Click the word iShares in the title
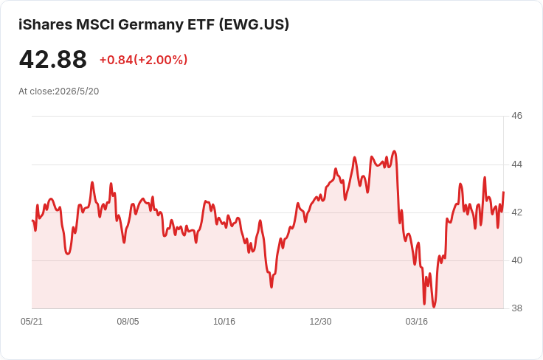[46, 24]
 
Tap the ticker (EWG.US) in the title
[254, 24]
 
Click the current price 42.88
[53, 59]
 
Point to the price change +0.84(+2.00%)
[143, 60]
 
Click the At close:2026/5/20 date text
[59, 91]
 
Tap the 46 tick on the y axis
[516, 116]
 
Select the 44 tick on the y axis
[516, 164]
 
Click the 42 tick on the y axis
[516, 212]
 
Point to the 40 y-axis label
[516, 260]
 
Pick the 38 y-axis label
[516, 308]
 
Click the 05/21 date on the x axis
[32, 322]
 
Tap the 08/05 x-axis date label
[128, 322]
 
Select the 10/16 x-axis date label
[224, 322]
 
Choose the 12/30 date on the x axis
[320, 322]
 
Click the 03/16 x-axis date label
[417, 322]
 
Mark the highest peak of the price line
[394, 151]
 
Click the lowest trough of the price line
[434, 307]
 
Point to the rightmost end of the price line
[503, 192]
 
